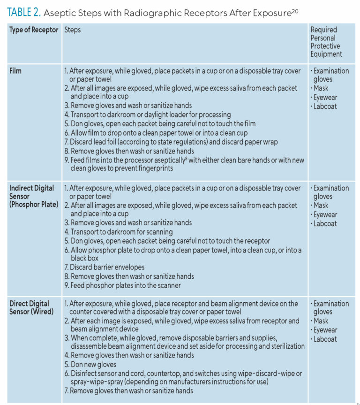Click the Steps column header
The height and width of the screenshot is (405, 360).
click(x=72, y=30)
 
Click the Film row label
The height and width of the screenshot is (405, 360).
click(x=16, y=71)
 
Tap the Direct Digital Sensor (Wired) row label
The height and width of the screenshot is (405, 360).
click(x=31, y=308)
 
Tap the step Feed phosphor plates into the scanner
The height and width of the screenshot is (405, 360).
click(x=122, y=285)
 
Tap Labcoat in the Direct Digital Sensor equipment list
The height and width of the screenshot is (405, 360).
click(x=325, y=339)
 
